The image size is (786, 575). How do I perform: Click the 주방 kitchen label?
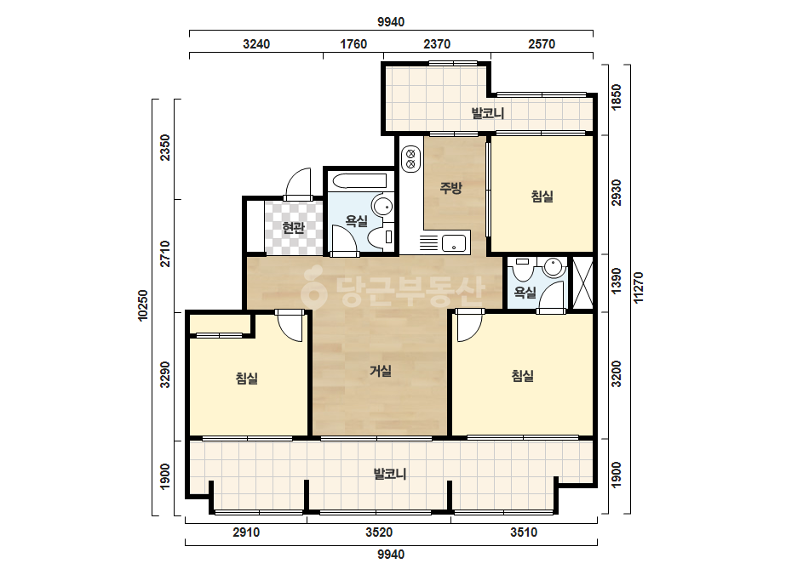(450, 188)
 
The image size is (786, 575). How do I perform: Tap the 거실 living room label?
(381, 371)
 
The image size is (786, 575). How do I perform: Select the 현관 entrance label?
(293, 228)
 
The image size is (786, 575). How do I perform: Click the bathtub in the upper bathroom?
(359, 181)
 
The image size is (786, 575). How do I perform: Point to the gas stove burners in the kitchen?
(411, 158)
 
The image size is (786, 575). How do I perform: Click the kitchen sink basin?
(454, 243)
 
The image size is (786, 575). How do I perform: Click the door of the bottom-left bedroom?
(290, 326)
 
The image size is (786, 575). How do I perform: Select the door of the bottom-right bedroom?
(469, 326)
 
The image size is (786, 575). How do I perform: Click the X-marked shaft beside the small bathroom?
(582, 282)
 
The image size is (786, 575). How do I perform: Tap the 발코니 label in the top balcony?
(488, 113)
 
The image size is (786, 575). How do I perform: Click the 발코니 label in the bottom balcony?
(390, 473)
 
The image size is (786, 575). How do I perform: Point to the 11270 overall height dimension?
(638, 287)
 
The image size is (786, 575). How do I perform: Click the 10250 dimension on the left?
(143, 305)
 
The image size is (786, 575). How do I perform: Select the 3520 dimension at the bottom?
(379, 532)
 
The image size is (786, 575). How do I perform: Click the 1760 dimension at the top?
(353, 44)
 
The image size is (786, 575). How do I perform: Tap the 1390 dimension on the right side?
(617, 281)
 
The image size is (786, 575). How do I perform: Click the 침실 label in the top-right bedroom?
(542, 196)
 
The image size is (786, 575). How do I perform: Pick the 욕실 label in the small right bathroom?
(525, 293)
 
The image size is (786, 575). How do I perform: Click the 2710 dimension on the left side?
(165, 254)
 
